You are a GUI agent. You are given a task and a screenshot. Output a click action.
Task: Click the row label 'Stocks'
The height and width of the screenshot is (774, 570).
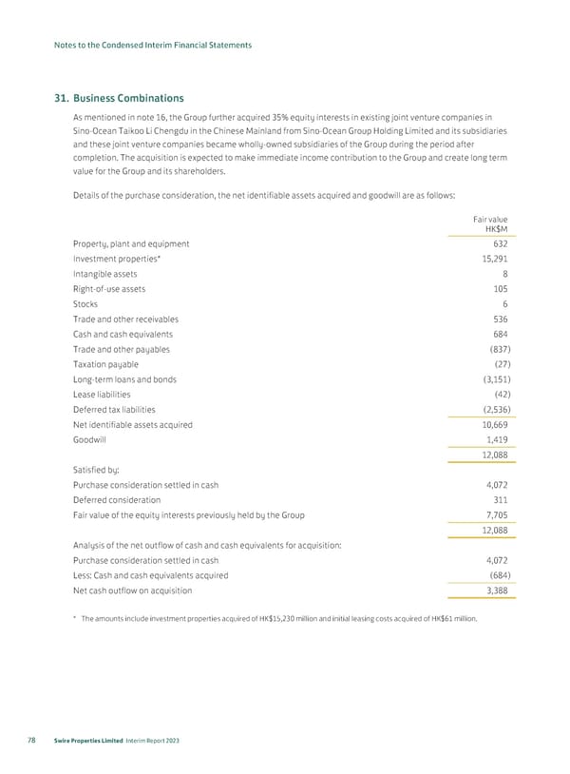(85, 304)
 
